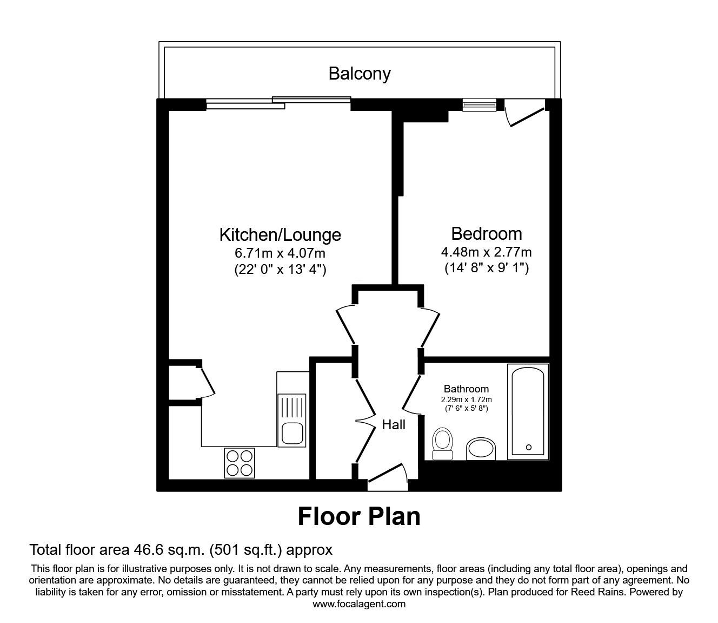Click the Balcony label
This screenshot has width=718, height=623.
(359, 74)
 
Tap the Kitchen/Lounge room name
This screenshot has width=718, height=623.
(280, 234)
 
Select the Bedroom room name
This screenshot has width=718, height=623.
(486, 233)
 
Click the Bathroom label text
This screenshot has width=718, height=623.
(466, 389)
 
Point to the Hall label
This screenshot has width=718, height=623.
(394, 425)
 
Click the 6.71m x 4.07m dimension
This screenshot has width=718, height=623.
(280, 252)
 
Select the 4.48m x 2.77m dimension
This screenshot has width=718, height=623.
(486, 252)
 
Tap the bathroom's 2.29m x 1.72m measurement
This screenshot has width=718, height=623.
(466, 399)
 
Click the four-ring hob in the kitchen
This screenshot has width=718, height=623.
(239, 463)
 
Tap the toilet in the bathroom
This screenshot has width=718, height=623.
(443, 443)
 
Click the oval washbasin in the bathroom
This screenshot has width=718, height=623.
(481, 449)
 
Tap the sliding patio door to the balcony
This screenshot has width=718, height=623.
(278, 103)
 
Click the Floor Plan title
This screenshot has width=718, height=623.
(359, 516)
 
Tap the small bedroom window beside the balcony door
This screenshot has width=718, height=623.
(479, 104)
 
